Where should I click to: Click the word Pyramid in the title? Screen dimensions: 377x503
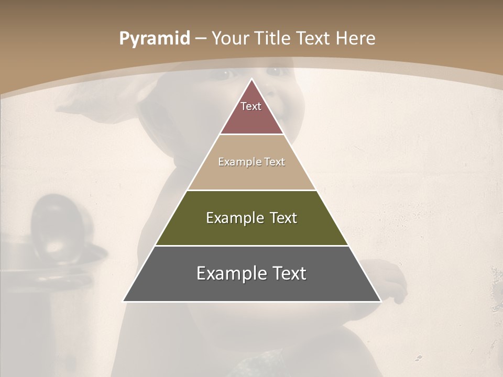(x=154, y=39)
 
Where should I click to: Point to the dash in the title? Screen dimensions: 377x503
(x=201, y=39)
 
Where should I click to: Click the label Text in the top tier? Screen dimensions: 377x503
(x=251, y=106)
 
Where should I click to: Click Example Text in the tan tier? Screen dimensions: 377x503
(x=251, y=162)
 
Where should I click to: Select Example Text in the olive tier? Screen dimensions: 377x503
(x=251, y=218)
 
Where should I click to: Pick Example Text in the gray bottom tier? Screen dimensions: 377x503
(x=251, y=273)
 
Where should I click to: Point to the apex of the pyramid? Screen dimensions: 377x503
(x=251, y=80)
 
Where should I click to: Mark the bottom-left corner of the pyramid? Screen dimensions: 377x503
(x=124, y=301)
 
